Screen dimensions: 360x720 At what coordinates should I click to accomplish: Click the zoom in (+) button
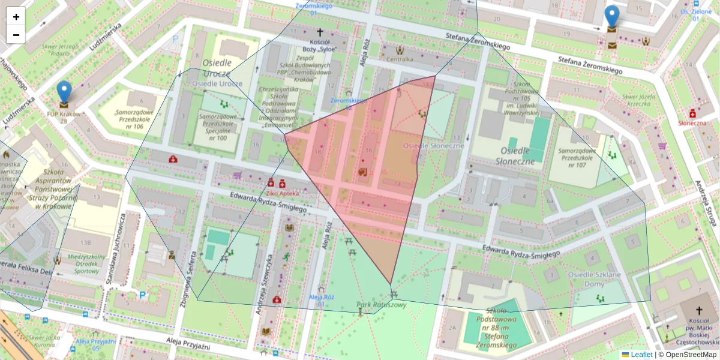tap(16, 17)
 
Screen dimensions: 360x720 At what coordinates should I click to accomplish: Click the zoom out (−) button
tap(16, 35)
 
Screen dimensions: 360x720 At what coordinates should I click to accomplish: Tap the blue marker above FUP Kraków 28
tap(64, 92)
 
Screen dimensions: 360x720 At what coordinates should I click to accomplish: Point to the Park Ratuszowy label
tap(382, 305)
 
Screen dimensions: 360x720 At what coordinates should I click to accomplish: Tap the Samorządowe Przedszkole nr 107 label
tap(580, 158)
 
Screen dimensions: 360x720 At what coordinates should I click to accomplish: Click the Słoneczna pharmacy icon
tap(692, 113)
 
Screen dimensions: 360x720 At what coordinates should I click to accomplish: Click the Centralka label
tap(400, 59)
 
